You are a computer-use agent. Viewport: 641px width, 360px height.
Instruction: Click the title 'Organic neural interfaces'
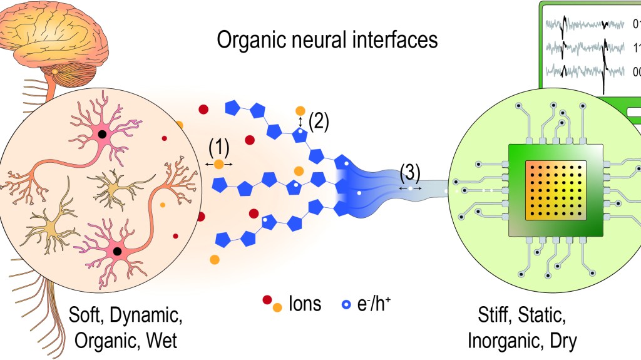pos(327,40)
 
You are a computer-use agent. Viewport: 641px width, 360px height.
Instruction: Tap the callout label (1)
pos(219,148)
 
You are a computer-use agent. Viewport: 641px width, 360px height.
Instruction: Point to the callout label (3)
pos(411,173)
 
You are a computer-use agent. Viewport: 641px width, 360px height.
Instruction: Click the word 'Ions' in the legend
pos(305,304)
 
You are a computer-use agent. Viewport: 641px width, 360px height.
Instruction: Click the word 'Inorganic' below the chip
pos(503,341)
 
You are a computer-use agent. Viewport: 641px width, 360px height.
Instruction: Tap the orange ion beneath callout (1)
pos(218,164)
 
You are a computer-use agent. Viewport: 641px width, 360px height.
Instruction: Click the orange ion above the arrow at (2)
pos(301,111)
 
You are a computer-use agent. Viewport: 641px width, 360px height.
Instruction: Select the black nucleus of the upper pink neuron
pos(102,134)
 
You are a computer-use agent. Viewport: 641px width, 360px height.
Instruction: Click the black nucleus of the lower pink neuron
pos(116,251)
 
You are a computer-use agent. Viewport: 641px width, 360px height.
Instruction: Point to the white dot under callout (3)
pos(411,187)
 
